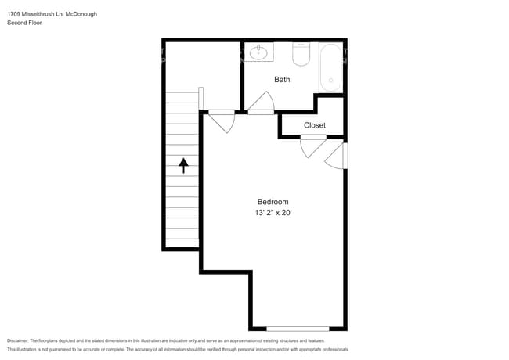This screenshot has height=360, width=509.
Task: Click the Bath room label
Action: click(x=282, y=80)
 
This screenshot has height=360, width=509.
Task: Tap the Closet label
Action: click(x=315, y=125)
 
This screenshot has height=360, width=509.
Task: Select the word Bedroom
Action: click(x=273, y=202)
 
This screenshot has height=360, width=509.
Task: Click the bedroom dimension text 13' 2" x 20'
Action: click(x=273, y=213)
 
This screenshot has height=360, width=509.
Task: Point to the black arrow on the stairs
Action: click(x=184, y=165)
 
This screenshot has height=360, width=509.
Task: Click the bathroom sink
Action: click(x=258, y=52)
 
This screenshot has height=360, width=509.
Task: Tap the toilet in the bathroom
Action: click(x=301, y=54)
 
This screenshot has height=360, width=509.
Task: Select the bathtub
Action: click(x=330, y=68)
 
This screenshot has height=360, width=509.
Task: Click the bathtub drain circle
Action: click(x=330, y=80)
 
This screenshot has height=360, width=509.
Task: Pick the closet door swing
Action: click(x=313, y=146)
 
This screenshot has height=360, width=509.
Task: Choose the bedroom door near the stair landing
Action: click(x=222, y=121)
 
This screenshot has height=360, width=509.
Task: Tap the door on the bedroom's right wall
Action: click(x=336, y=156)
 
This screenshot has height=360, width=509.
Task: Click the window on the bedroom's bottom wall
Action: click(x=298, y=329)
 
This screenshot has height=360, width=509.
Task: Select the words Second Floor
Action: click(x=24, y=23)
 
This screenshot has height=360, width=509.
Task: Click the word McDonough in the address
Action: click(x=81, y=14)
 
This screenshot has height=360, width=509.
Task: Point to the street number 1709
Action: click(x=13, y=14)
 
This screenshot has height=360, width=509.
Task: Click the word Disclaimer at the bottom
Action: click(x=18, y=341)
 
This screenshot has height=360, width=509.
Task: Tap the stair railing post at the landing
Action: click(x=201, y=99)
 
